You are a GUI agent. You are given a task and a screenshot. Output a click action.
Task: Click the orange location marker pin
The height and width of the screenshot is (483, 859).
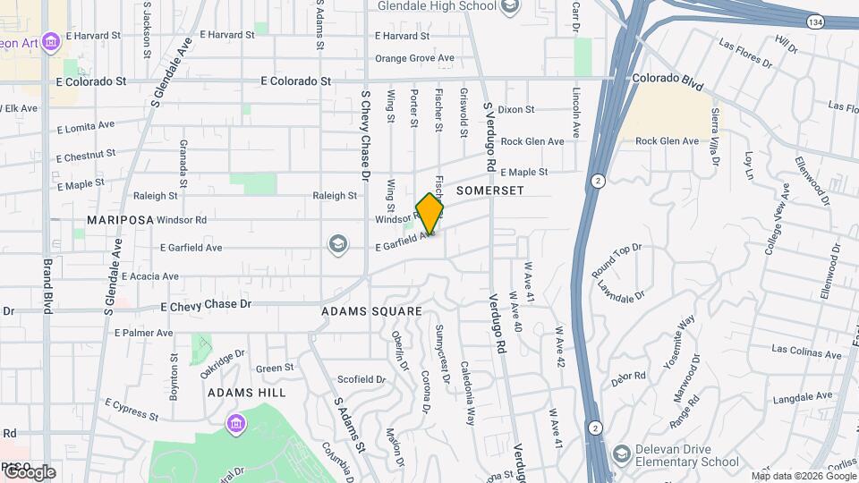click(429, 214)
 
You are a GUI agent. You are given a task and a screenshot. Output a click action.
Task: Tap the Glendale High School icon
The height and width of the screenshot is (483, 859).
click(510, 8)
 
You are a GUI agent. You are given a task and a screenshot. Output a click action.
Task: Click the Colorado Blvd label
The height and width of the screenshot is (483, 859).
click(667, 79)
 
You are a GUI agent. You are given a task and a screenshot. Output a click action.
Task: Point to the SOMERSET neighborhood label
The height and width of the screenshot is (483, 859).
click(489, 191)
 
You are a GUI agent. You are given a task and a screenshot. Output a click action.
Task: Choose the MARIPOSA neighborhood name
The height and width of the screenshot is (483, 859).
click(116, 219)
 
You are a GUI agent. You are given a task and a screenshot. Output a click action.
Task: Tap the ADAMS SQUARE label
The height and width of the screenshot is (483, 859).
click(371, 311)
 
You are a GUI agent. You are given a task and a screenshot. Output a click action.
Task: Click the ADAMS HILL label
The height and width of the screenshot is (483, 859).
click(247, 392)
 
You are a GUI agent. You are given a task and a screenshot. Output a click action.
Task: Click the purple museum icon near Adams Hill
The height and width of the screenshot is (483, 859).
click(236, 422)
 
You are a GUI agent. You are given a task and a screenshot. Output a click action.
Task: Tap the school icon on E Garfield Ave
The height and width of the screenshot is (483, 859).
click(337, 244)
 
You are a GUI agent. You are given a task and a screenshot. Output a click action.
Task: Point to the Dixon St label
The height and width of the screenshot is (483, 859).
click(516, 110)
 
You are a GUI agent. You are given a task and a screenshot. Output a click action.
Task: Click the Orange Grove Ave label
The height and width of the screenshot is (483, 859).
click(414, 59)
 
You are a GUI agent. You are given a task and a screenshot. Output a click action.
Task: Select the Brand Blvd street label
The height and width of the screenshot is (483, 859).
click(47, 286)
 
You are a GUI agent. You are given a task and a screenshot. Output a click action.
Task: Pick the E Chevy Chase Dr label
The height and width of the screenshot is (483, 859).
click(206, 305)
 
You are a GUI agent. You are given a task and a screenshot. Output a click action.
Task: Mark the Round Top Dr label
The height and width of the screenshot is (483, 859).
click(617, 259)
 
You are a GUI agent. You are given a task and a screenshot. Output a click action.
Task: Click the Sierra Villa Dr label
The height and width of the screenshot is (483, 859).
click(715, 136)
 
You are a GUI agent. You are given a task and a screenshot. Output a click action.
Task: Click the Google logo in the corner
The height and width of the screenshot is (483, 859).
click(29, 472)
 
